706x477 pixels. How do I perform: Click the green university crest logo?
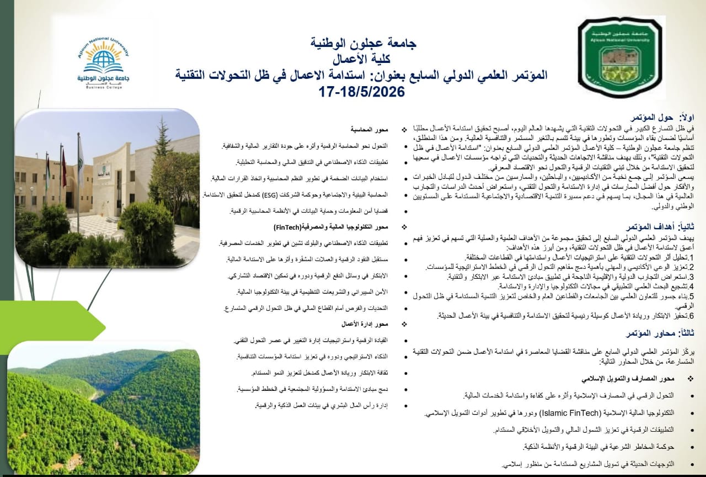(x=622, y=57)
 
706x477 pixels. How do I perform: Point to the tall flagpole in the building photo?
(x=78, y=177)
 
